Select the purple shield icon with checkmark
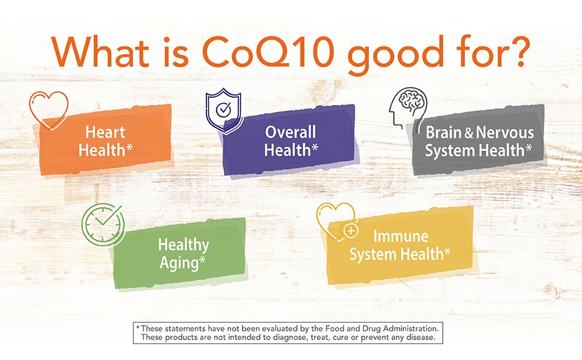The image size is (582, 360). [x=224, y=110]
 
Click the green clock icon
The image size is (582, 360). [x=103, y=224]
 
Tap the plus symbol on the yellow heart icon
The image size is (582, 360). [x=351, y=231]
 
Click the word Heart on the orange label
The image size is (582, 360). [x=106, y=132]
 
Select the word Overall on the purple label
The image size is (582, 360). [x=290, y=132]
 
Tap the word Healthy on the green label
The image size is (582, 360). [x=184, y=245]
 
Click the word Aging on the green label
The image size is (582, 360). [x=180, y=263]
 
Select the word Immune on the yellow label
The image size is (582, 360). [x=401, y=236]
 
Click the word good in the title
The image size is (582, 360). [x=395, y=55]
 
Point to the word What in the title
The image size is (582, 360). [x=100, y=52]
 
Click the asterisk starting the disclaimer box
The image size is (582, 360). [x=138, y=328]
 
